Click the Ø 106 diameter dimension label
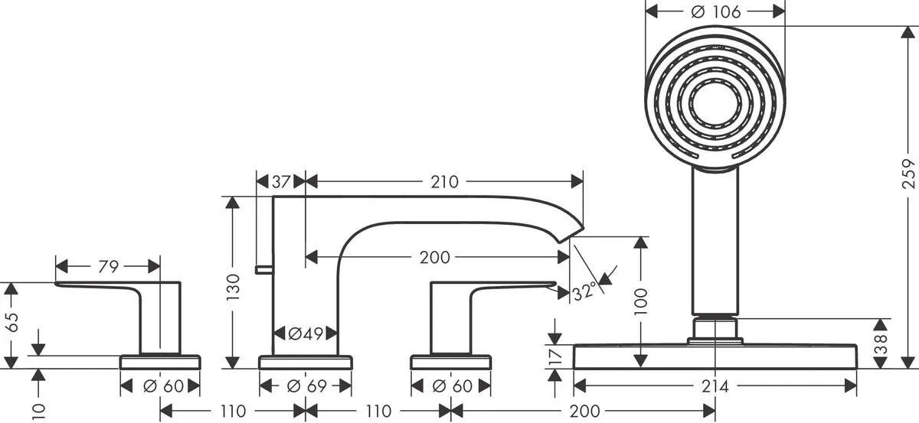point(715,11)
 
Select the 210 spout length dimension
point(444,181)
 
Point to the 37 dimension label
point(280,181)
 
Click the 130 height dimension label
point(234,284)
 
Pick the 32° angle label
point(583,291)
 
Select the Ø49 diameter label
point(305,334)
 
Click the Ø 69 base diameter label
point(304,387)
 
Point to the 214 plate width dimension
point(715,387)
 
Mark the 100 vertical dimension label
point(641,303)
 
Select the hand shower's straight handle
point(715,241)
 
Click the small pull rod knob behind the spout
point(263,269)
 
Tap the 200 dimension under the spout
point(435,258)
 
